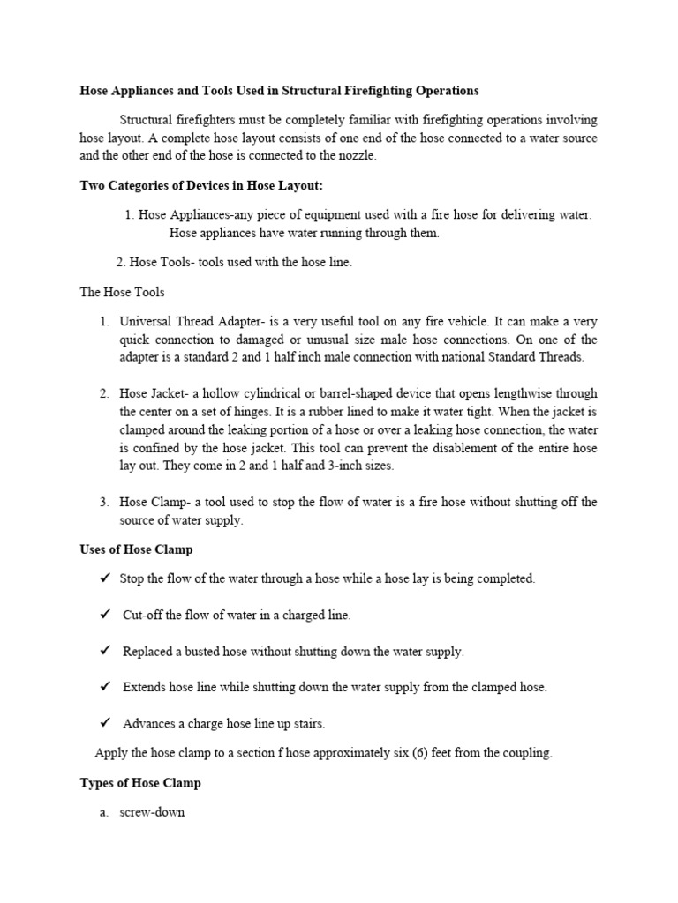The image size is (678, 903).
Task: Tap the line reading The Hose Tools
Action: click(122, 292)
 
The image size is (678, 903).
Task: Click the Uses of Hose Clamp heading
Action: click(136, 549)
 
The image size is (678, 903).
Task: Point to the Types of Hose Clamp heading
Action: click(140, 782)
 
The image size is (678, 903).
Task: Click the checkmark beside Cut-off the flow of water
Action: click(104, 615)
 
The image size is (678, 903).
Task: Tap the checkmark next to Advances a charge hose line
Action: click(104, 722)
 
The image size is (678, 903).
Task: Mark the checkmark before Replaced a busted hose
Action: click(104, 651)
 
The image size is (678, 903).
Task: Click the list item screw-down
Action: click(152, 812)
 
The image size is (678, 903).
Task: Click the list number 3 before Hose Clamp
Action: click(103, 502)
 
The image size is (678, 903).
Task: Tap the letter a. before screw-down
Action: click(104, 812)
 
